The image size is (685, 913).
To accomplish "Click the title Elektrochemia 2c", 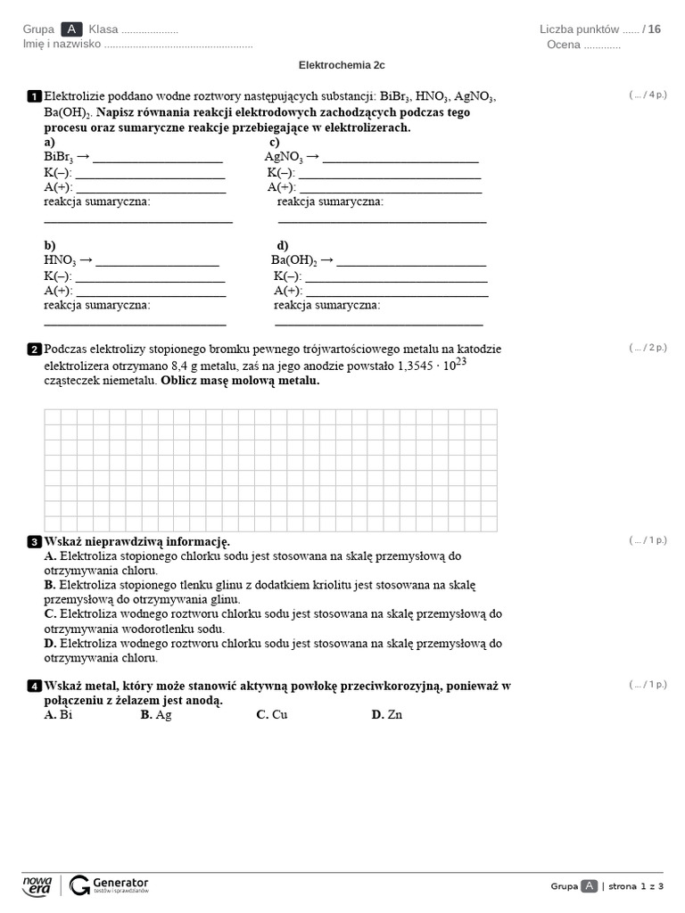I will point(342,65).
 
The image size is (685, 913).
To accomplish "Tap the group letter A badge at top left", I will point(71,29).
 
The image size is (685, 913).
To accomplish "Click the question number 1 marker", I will point(35,96).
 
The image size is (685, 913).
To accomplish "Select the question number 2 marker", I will point(35,350).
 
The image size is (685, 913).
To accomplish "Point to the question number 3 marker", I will point(35,542).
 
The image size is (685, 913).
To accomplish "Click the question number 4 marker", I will point(35,687).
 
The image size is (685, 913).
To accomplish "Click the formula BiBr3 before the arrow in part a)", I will point(58,157).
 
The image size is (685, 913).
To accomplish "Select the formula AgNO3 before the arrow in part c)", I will point(284,157).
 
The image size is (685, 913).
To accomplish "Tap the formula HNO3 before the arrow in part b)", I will point(60,260).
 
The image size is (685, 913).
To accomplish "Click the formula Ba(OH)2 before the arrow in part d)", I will point(293,260).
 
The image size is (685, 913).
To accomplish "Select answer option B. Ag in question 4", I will point(156,714).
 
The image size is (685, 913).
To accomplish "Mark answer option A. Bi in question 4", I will point(58,714).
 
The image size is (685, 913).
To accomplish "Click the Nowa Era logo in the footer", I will point(37,884).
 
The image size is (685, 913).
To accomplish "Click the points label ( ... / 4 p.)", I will point(648,95).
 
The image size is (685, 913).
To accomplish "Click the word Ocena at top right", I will point(563,45).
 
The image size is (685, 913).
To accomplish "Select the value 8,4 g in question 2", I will point(187,366).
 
